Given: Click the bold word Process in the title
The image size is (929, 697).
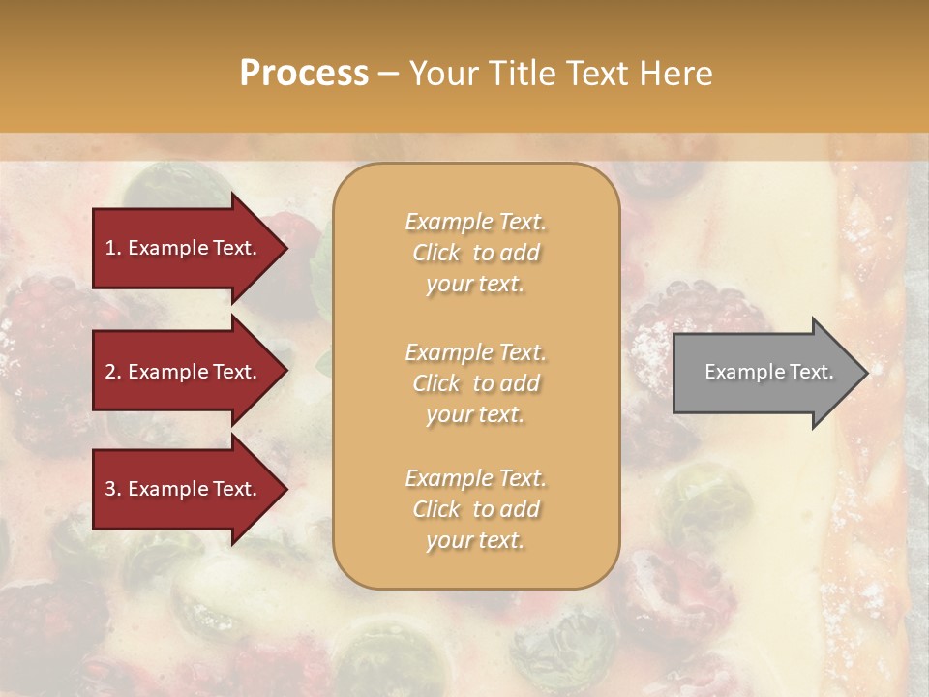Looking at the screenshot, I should click(304, 74).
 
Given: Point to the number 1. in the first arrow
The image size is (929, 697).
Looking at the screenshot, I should click(113, 248).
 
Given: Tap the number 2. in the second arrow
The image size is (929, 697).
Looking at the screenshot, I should click(113, 372).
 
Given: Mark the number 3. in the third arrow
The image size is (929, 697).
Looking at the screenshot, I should click(113, 489).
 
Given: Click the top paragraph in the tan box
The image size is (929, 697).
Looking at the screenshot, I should click(475, 253).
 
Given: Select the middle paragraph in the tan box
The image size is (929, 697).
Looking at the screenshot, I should click(475, 383).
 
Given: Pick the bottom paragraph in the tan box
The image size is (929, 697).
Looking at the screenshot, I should click(475, 509).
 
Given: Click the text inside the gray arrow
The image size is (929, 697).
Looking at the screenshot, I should click(768, 372).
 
